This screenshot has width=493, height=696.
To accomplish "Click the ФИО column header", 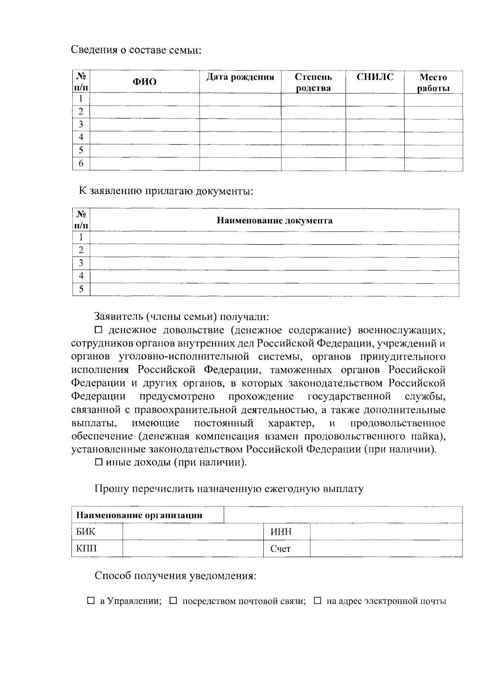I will [x=144, y=82].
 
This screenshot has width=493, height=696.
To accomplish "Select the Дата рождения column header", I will [x=240, y=77].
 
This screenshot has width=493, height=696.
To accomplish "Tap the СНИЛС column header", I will [x=375, y=77].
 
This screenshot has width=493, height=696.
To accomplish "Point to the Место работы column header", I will [x=433, y=82].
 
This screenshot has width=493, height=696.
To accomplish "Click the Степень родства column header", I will [x=313, y=82].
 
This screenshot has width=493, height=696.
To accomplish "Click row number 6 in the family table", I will [x=81, y=164].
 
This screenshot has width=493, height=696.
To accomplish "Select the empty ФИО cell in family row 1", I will [x=144, y=99].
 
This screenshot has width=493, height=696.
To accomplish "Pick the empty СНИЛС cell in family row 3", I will [x=375, y=125].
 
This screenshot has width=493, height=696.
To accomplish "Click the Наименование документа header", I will [x=274, y=220].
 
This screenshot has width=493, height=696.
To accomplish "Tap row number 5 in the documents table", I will [x=81, y=289].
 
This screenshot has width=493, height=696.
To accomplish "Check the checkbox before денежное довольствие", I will [x=99, y=330].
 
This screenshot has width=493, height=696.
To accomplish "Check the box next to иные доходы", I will [x=99, y=462].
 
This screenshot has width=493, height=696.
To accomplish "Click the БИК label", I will [x=85, y=532].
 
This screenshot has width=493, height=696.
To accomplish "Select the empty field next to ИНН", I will [x=386, y=532].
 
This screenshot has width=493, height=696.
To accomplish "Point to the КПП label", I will [x=86, y=548].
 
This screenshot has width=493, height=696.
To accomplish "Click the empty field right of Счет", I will [x=386, y=548].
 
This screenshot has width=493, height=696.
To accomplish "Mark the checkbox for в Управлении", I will [x=91, y=601].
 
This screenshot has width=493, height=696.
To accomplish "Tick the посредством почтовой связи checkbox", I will [x=173, y=601].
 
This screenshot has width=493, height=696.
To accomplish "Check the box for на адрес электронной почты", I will [x=318, y=601].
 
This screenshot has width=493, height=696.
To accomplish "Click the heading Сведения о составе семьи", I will [x=137, y=50].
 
